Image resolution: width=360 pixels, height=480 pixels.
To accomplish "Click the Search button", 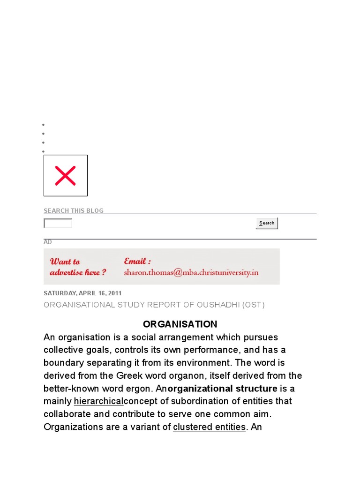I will pyautogui.click(x=267, y=223).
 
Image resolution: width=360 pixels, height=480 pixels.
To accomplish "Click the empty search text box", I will pyautogui.click(x=58, y=224).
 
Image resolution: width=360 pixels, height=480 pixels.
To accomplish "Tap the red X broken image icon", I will pyautogui.click(x=65, y=175).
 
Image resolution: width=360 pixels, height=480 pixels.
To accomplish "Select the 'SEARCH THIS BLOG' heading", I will pyautogui.click(x=74, y=210).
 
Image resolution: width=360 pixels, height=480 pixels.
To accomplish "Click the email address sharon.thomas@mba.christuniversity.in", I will pyautogui.click(x=191, y=272).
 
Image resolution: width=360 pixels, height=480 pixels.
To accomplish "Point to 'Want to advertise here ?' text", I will pyautogui.click(x=78, y=267).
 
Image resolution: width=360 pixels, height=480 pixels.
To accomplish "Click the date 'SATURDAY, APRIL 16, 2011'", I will pyautogui.click(x=82, y=293).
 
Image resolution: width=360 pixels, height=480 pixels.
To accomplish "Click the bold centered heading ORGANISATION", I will pyautogui.click(x=180, y=324).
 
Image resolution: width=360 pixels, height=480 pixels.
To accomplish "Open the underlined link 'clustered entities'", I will pyautogui.click(x=209, y=427).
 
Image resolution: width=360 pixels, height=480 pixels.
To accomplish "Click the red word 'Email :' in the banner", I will pyautogui.click(x=137, y=261).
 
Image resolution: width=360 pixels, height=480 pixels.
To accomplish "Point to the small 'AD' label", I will pyautogui.click(x=47, y=242).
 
